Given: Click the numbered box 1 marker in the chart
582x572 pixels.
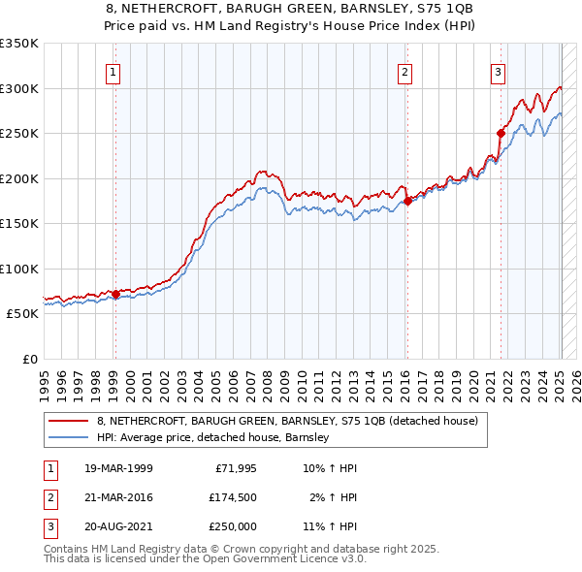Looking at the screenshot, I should click(x=114, y=71).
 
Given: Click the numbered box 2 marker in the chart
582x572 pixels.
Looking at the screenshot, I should click(x=404, y=71).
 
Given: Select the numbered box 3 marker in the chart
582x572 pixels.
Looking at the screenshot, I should click(x=498, y=71).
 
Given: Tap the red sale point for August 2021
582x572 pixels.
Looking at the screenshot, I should click(x=501, y=133).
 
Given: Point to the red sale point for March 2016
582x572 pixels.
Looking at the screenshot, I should click(x=407, y=202).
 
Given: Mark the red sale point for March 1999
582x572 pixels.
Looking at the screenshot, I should click(x=115, y=294).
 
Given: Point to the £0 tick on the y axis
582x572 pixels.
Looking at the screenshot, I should click(x=29, y=360).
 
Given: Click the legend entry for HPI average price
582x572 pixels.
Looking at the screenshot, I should click(x=213, y=438).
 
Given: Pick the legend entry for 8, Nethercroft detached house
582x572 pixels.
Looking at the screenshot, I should click(x=287, y=421).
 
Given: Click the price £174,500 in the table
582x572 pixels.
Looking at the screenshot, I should click(x=232, y=497).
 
